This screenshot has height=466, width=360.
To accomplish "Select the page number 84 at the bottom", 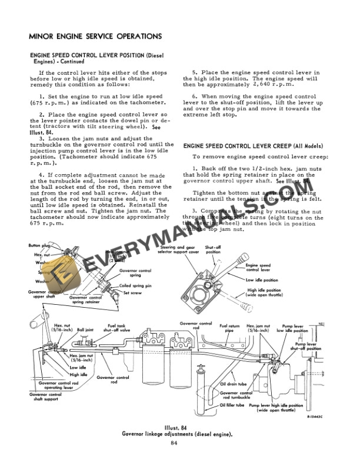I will click(x=174, y=442).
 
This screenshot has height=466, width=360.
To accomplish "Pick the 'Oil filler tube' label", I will click(x=231, y=405).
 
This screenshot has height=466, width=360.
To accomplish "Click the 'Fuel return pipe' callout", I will click(x=230, y=328).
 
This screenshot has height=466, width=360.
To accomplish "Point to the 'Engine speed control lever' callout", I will click(x=258, y=268).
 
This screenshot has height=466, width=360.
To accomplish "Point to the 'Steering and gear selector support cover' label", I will click(x=172, y=250).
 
